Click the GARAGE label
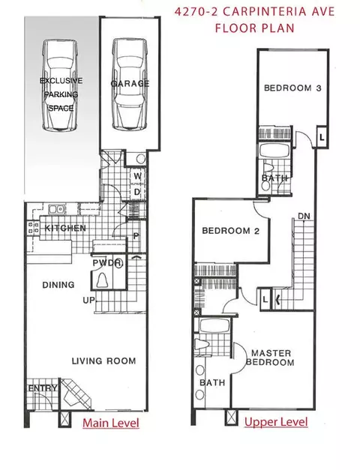coord(130,83)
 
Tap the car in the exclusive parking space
coord(60,85)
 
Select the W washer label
coord(137,176)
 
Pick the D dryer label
coord(137,192)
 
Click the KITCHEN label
coord(65,228)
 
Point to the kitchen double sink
coord(56,208)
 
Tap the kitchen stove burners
coord(33,227)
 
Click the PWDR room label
coord(108,263)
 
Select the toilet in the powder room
coord(102,280)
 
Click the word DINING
coord(58,284)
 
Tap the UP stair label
coord(88,300)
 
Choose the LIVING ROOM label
coord(103,361)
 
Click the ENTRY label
coord(43,388)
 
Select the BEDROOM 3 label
coord(292,88)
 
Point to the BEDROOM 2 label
coord(231,231)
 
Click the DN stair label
coord(304,216)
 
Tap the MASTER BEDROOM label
coord(270,358)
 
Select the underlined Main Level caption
coord(111,423)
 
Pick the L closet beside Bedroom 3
coord(322,138)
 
